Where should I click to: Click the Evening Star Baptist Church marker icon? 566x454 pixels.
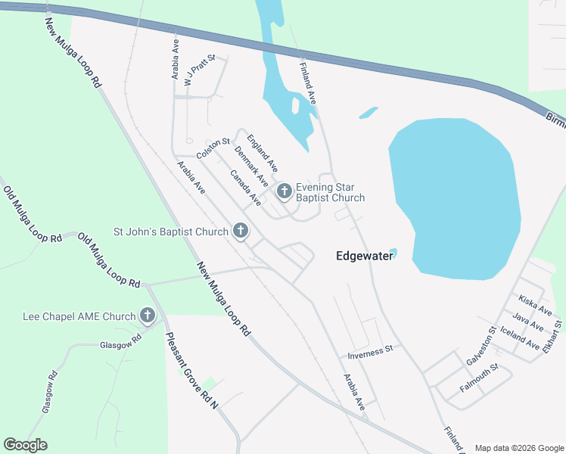coord(285,191)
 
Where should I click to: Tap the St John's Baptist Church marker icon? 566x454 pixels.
coord(241,231)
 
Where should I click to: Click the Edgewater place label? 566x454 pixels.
coord(364,257)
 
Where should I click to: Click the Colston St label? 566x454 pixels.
coord(213,148)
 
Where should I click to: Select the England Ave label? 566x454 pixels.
coord(263,152)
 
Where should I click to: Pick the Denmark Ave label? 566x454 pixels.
coord(251,167)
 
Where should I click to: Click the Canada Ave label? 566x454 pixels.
coord(246,187)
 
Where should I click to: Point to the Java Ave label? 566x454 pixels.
coord(528,322)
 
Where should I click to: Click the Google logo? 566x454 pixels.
coord(25,445)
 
